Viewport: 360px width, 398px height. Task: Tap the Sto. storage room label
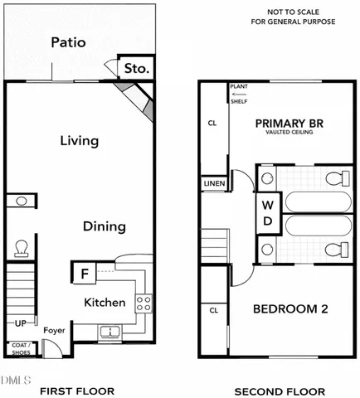click(x=137, y=70)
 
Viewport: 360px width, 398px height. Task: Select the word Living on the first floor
click(x=80, y=141)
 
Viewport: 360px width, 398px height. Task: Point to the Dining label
click(x=104, y=226)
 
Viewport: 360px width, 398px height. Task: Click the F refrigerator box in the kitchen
click(x=84, y=273)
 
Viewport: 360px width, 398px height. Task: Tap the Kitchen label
click(x=105, y=303)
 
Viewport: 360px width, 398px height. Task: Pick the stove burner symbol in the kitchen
click(x=143, y=303)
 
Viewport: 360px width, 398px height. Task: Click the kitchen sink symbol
click(x=109, y=332)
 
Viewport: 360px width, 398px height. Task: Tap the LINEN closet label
click(x=214, y=183)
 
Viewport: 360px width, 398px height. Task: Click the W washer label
click(x=267, y=205)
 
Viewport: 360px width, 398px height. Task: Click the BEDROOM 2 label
click(x=290, y=309)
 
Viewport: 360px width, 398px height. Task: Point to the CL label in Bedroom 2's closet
click(x=213, y=311)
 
